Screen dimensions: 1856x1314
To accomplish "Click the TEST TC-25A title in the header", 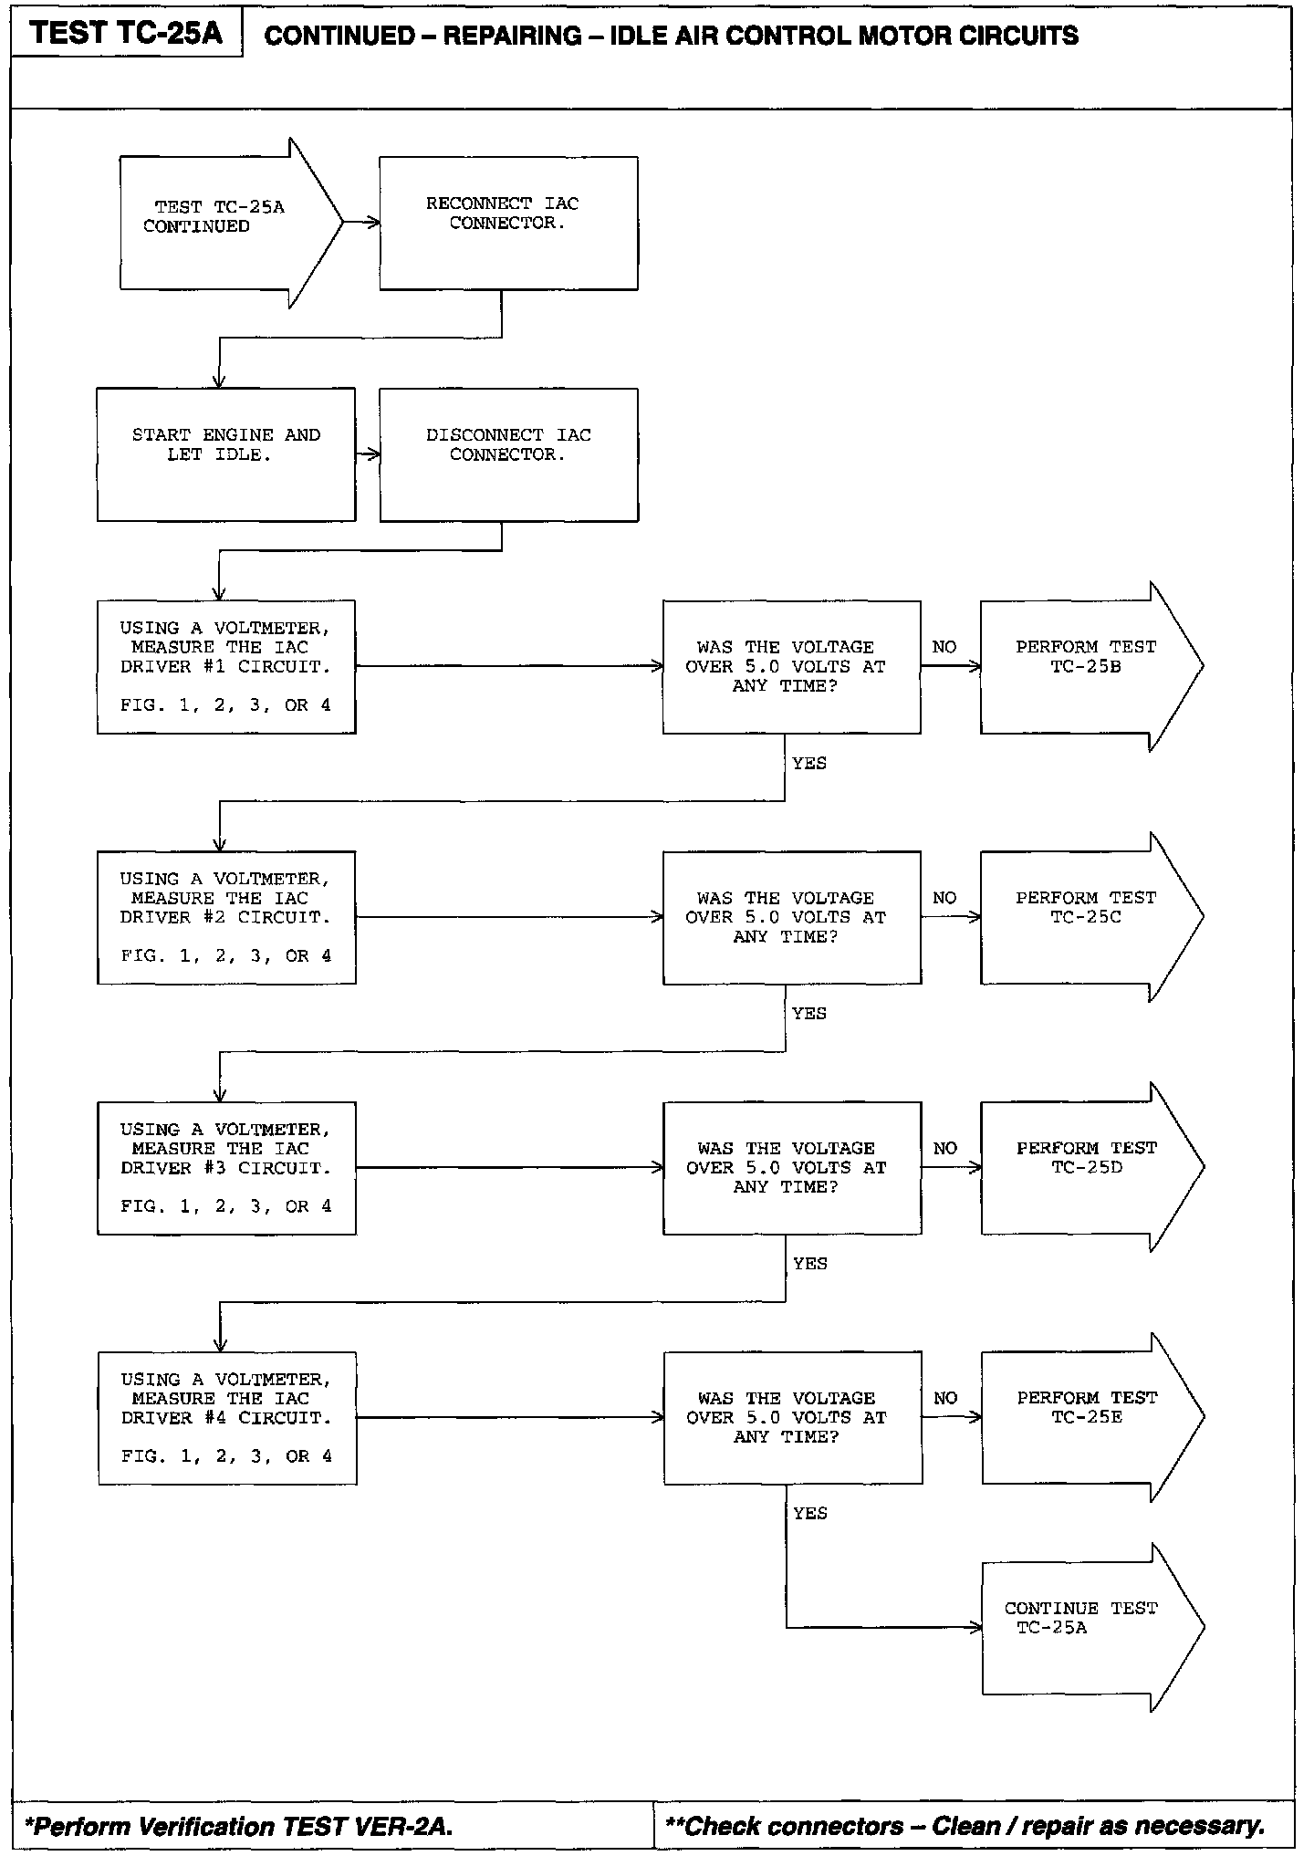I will (126, 34).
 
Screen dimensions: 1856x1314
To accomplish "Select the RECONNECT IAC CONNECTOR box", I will (508, 224).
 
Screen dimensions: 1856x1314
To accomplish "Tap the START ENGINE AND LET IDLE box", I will (225, 454).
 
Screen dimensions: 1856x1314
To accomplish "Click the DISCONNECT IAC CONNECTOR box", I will (508, 454).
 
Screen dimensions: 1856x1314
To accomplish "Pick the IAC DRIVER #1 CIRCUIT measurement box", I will (225, 666).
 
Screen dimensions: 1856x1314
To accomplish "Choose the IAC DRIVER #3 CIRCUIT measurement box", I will (225, 1168).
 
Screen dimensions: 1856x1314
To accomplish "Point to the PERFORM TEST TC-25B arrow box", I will (1086, 666).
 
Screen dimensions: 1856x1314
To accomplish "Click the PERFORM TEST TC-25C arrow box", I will (1086, 917).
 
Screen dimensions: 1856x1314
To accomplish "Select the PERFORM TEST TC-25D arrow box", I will (1086, 1167).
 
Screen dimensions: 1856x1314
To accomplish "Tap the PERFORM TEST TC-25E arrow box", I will (1086, 1417).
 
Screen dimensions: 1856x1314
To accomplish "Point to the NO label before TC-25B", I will (944, 647).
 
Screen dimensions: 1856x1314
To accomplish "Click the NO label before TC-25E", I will (945, 1398).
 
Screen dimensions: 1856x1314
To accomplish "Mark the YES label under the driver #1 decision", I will (809, 763).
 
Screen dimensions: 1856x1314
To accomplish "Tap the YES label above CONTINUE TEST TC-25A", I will (810, 1513).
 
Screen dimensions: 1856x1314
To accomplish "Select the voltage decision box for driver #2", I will (791, 917).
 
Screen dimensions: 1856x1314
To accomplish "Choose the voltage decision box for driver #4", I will (792, 1417).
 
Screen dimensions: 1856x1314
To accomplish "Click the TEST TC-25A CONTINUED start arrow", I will (219, 223).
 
